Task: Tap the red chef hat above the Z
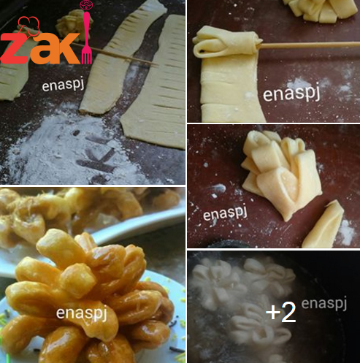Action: click(x=28, y=24)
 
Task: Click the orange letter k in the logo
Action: click(x=65, y=47)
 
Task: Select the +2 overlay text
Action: click(x=281, y=312)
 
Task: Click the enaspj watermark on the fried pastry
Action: click(x=81, y=313)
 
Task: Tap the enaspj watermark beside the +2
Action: click(x=324, y=304)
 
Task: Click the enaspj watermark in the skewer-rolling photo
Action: click(x=291, y=93)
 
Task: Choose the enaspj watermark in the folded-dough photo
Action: click(x=225, y=213)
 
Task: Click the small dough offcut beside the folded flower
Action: click(x=323, y=225)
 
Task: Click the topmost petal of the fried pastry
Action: click(x=61, y=246)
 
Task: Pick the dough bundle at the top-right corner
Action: click(x=321, y=9)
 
